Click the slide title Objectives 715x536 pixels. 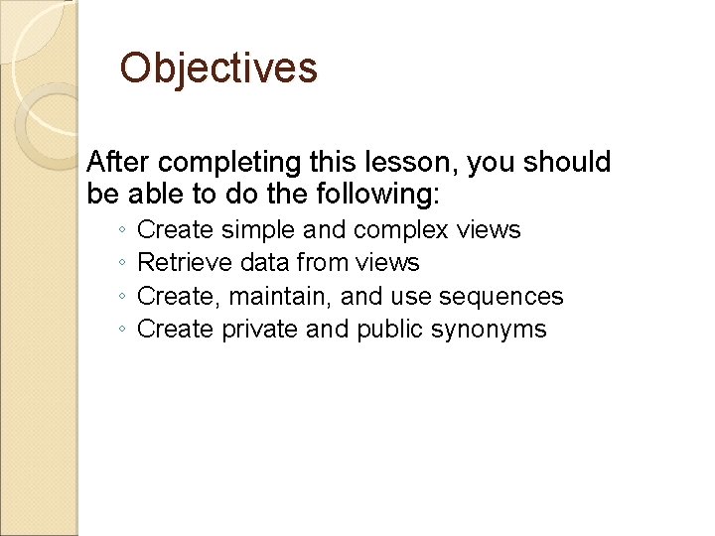(218, 68)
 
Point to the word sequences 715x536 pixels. (503, 297)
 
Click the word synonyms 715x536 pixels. (489, 331)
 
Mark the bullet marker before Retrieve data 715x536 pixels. (119, 264)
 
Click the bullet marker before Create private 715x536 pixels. (119, 331)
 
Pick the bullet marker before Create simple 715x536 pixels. (119, 231)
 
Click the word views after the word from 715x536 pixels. (392, 263)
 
